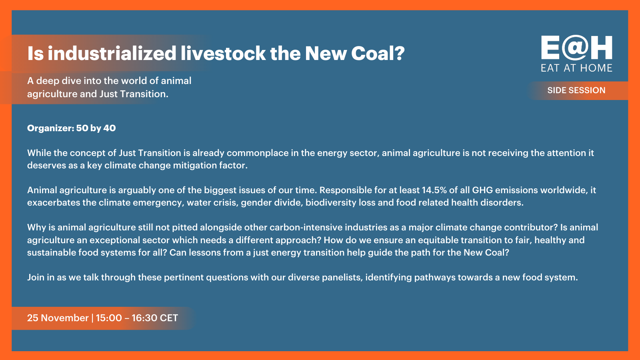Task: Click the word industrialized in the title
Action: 112,54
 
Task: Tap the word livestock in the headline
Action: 223,54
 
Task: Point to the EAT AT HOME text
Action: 576,68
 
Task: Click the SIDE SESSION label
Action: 576,90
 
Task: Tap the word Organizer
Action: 50,128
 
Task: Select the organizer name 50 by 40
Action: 96,128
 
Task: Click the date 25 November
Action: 58,318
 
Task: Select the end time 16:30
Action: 144,318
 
